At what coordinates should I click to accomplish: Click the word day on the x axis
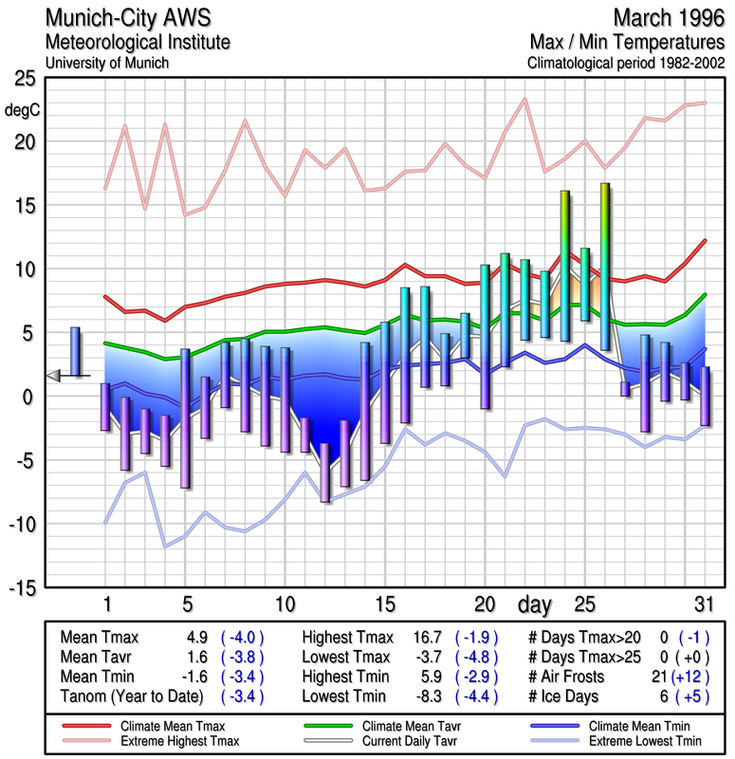tap(536, 603)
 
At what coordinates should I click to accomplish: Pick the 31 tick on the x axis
tap(701, 603)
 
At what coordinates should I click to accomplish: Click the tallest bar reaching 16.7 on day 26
tap(605, 266)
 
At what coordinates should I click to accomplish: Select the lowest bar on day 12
tap(325, 472)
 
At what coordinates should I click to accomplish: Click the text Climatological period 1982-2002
tap(625, 64)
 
